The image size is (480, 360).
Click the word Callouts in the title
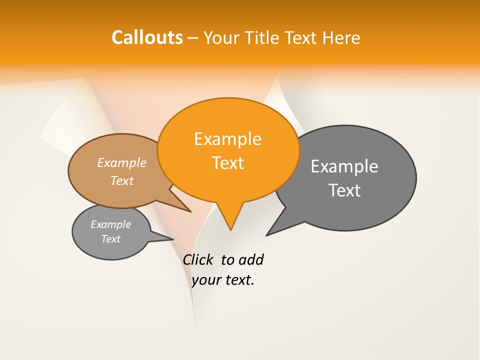147,37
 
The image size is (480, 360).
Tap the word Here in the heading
342,38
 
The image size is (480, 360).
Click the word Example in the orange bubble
227,139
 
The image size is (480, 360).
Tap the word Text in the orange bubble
227,163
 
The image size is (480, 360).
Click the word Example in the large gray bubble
344,166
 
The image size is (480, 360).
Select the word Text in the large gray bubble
344,190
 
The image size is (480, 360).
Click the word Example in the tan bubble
121,163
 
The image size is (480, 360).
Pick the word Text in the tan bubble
121,181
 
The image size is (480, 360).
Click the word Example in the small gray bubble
110,224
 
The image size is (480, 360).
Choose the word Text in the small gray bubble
110,239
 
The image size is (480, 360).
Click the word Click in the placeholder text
197,260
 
